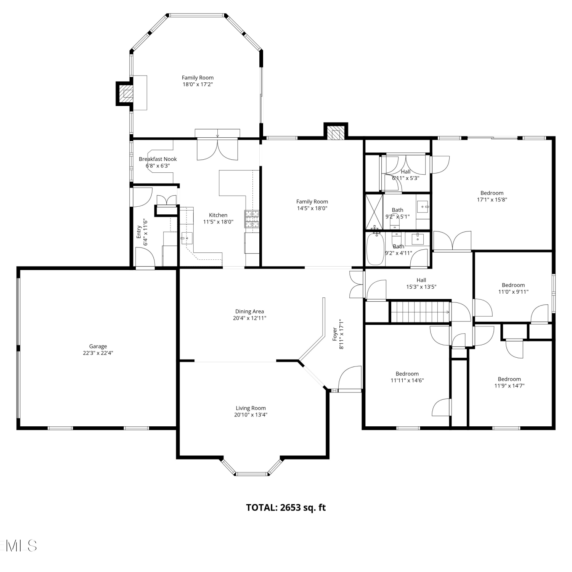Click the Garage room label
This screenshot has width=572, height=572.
[x=98, y=346]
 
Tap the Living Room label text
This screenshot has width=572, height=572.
[x=251, y=408]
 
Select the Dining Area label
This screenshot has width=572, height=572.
[x=249, y=312]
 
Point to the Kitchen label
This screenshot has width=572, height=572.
[x=218, y=215]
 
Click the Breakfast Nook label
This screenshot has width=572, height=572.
[x=158, y=159]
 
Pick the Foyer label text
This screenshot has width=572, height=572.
[x=335, y=334]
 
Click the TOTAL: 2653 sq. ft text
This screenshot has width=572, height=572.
[x=286, y=508]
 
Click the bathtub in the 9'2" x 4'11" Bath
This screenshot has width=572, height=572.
[x=375, y=249]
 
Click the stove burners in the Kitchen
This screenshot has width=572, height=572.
[x=252, y=219]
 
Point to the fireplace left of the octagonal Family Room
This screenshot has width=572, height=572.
[x=125, y=93]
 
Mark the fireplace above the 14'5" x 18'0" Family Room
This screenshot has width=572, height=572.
[x=336, y=131]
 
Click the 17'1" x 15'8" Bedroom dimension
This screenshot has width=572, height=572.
[x=492, y=199]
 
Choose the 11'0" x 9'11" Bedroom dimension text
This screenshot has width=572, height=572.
[x=513, y=292]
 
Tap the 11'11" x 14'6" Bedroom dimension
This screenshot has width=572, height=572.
[x=407, y=380]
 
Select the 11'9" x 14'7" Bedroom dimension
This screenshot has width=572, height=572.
[x=509, y=386]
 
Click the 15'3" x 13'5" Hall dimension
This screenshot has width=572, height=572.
[x=421, y=287]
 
